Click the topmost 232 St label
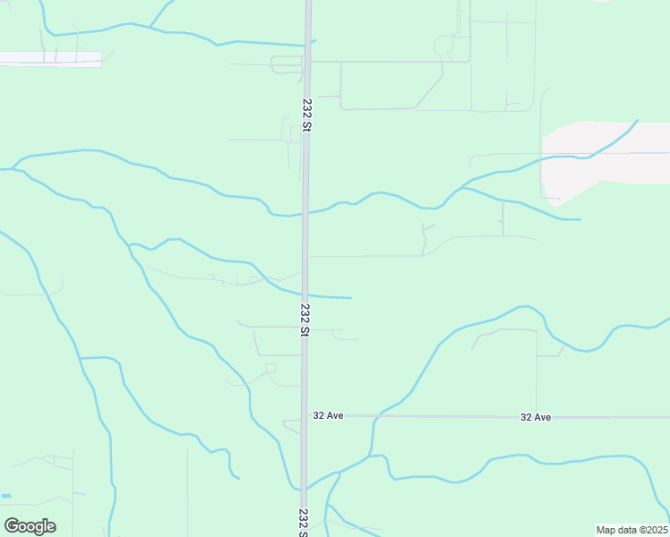click(306, 115)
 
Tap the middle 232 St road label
click(305, 320)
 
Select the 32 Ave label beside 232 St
click(329, 415)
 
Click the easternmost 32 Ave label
click(536, 417)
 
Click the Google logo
click(30, 526)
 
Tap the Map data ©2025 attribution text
click(632, 530)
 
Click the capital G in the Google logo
click(13, 526)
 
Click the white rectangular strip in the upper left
click(50, 59)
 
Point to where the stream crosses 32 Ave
click(373, 416)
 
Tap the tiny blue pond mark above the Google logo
click(6, 496)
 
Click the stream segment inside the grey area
click(609, 143)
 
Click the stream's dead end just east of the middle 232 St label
click(350, 297)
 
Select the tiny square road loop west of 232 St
click(271, 368)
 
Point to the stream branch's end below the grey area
click(580, 218)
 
